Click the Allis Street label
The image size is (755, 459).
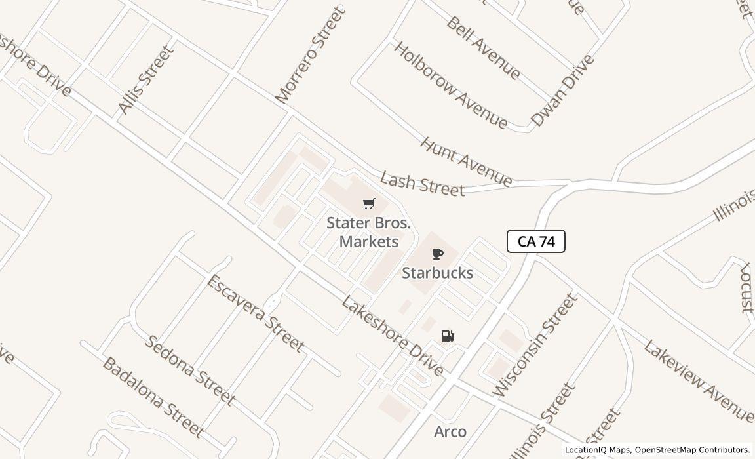[147, 79]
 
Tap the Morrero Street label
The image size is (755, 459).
[310, 55]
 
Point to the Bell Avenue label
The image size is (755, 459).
[483, 47]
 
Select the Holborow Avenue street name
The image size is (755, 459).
[450, 85]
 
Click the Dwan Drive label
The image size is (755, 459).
[562, 90]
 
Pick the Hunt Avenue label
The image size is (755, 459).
[466, 161]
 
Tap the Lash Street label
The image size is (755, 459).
[422, 184]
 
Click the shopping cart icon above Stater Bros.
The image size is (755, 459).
[369, 204]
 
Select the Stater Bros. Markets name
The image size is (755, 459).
[369, 232]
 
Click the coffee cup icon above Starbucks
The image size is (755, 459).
[438, 254]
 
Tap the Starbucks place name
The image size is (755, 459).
[437, 273]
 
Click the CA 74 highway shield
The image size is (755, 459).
[536, 241]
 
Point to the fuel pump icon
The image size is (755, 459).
[448, 336]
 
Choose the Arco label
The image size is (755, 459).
[450, 431]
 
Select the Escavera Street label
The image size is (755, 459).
[255, 313]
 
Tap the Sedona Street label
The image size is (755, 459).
[189, 369]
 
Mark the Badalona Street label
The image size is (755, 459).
[153, 397]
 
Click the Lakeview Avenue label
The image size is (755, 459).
[697, 380]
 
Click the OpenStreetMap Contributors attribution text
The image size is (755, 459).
[692, 450]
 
